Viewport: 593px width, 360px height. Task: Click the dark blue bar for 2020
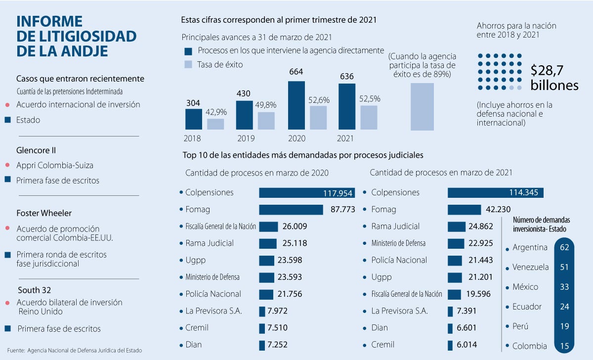click(296, 105)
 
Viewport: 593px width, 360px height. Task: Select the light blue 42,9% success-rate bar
click(215, 124)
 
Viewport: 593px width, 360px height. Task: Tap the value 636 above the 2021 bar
click(347, 77)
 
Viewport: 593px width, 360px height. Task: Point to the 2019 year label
click(246, 138)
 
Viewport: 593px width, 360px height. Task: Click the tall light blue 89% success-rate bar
click(422, 106)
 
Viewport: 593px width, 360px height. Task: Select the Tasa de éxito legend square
click(188, 64)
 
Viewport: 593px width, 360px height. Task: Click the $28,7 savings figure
click(547, 70)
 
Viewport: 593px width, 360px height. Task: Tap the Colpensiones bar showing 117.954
click(307, 193)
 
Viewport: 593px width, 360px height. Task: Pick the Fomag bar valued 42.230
click(465, 210)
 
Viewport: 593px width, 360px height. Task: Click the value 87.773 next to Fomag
click(343, 210)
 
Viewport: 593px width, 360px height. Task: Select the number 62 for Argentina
click(564, 247)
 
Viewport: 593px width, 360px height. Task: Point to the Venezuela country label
click(531, 267)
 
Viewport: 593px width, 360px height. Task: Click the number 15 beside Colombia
click(564, 346)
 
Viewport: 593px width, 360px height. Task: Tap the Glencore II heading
click(36, 150)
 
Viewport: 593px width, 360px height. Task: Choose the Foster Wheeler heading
click(44, 213)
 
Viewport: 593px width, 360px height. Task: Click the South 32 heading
click(35, 290)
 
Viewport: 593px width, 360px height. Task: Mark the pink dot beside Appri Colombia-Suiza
click(7, 165)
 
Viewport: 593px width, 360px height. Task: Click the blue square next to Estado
click(8, 120)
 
